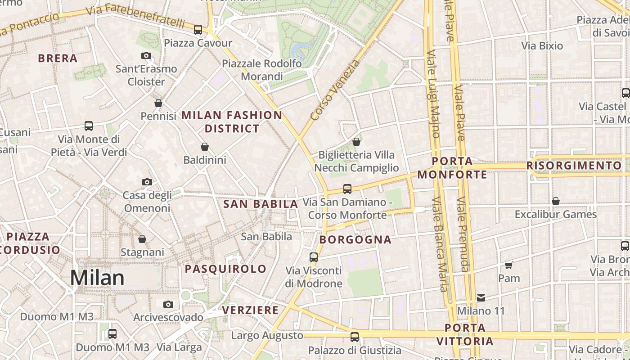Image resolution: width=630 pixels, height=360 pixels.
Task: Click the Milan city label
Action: (97, 278)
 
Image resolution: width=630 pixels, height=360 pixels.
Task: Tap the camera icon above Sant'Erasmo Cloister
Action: (146, 55)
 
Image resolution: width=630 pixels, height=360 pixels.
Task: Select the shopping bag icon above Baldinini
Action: (205, 147)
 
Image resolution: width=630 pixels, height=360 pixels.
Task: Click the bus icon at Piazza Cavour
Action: (198, 30)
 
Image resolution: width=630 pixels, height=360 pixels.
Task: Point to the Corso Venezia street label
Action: (335, 90)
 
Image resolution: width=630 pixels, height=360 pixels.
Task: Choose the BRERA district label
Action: (58, 58)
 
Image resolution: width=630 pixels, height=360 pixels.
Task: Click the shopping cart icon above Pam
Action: (509, 265)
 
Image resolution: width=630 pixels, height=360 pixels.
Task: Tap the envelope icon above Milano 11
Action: (481, 297)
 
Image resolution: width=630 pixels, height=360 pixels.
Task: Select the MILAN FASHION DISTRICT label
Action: (232, 121)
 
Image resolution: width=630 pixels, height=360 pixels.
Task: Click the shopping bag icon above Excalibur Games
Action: (556, 201)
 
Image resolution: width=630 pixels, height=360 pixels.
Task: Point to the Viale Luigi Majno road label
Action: (433, 94)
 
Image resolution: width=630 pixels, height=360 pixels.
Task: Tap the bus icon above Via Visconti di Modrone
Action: (314, 257)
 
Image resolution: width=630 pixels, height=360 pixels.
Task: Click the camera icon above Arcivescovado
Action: (168, 304)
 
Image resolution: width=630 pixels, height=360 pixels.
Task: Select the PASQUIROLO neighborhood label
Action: (226, 269)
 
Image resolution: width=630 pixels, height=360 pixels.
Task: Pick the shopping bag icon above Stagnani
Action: (142, 238)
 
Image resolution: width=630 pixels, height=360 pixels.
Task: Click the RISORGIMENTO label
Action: (574, 166)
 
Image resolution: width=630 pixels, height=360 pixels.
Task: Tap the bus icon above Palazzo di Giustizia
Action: (355, 337)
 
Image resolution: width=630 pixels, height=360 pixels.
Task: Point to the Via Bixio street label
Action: (542, 45)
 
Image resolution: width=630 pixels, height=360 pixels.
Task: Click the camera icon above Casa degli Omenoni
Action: (147, 182)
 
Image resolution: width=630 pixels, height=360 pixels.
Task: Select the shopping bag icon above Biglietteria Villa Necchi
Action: (356, 142)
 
